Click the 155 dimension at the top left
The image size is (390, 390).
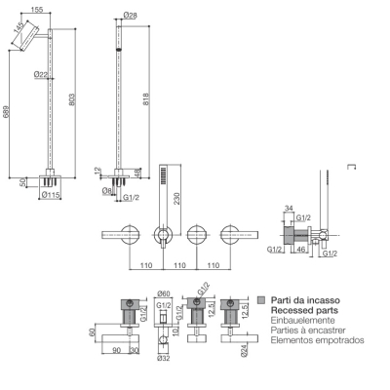coord(37,10)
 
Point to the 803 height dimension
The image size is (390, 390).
coord(72,99)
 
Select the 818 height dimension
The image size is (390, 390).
coord(145,99)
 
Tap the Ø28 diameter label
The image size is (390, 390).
coord(131,15)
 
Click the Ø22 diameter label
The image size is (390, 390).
coord(41,74)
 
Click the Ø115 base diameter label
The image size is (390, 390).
coord(51,195)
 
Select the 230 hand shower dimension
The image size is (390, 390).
coord(176,199)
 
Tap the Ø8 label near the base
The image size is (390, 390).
coord(107,191)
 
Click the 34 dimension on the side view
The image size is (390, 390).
coord(289,208)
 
